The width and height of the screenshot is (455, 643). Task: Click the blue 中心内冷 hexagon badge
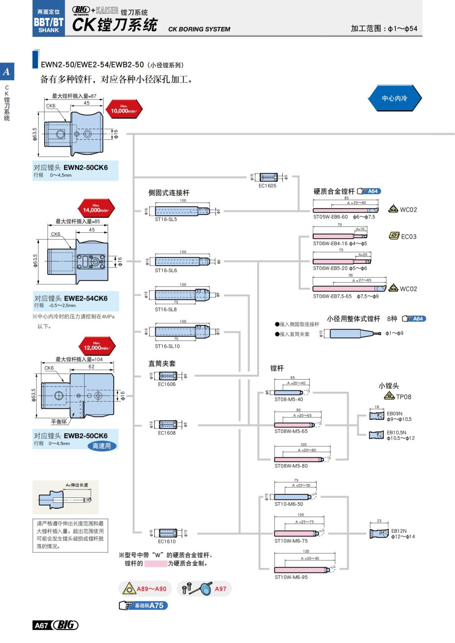[x=394, y=98]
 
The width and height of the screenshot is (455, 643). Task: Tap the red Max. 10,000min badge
[x=124, y=110]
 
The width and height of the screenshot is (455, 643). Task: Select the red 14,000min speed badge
[x=96, y=208]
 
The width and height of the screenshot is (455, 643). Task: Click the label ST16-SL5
[x=166, y=219]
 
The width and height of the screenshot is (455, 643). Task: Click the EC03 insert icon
[x=394, y=236]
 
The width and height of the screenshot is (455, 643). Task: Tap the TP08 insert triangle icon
[x=389, y=396]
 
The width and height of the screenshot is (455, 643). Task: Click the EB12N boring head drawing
[x=379, y=533]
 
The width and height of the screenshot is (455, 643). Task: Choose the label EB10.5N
[x=396, y=432]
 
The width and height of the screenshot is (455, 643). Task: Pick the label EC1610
[x=167, y=541]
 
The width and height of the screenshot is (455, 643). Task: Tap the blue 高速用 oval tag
[x=102, y=446]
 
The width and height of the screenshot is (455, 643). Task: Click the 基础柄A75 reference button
[x=143, y=605]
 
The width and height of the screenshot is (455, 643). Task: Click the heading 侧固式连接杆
[x=168, y=192]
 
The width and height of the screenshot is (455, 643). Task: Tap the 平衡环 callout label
[x=59, y=422]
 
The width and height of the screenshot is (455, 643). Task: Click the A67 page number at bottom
[x=41, y=625]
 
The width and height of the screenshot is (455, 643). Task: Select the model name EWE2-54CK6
[x=86, y=298]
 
